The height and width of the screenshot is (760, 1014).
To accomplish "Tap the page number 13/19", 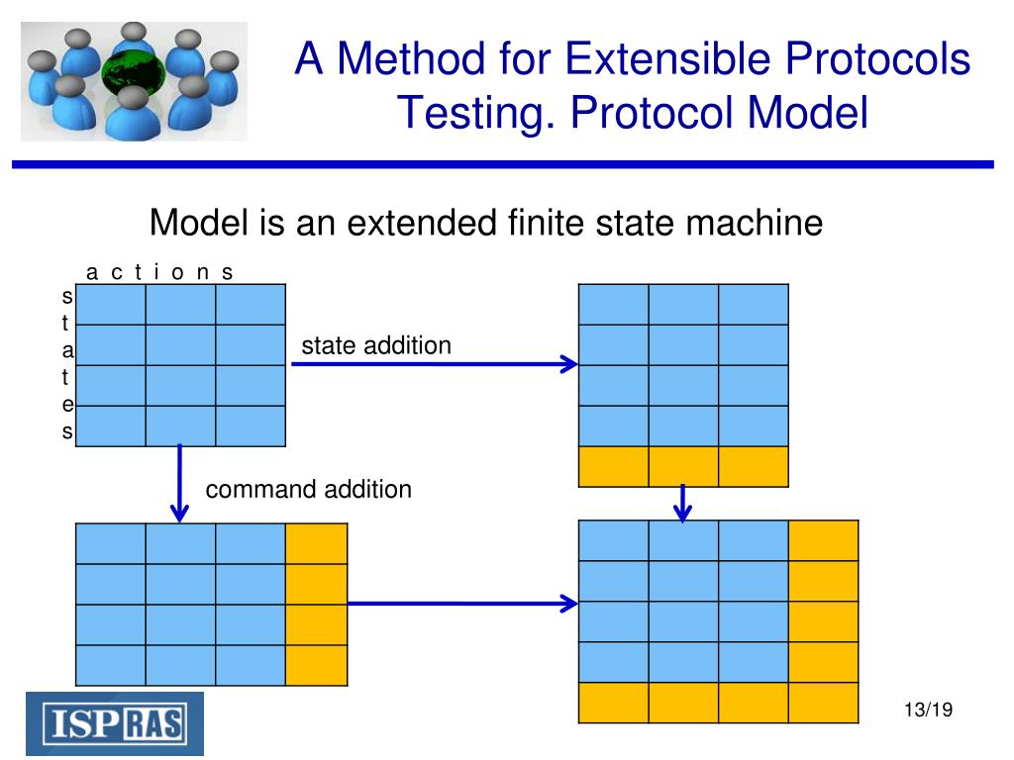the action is click(927, 710).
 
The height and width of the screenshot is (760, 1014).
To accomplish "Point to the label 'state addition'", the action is click(376, 345).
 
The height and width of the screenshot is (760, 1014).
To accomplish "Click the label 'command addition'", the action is click(308, 489).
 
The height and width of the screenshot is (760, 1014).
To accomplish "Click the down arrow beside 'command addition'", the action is click(179, 483).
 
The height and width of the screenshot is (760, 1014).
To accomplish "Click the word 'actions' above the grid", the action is click(159, 272).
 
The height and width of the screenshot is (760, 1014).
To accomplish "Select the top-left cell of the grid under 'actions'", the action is click(111, 304).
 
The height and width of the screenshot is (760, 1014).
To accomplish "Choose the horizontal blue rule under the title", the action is click(501, 164).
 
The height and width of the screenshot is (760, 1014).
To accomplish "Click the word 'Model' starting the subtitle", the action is click(198, 223).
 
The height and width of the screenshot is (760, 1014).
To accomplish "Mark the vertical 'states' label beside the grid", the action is click(67, 364).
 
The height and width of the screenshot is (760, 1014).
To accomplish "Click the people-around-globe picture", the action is click(134, 81).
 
